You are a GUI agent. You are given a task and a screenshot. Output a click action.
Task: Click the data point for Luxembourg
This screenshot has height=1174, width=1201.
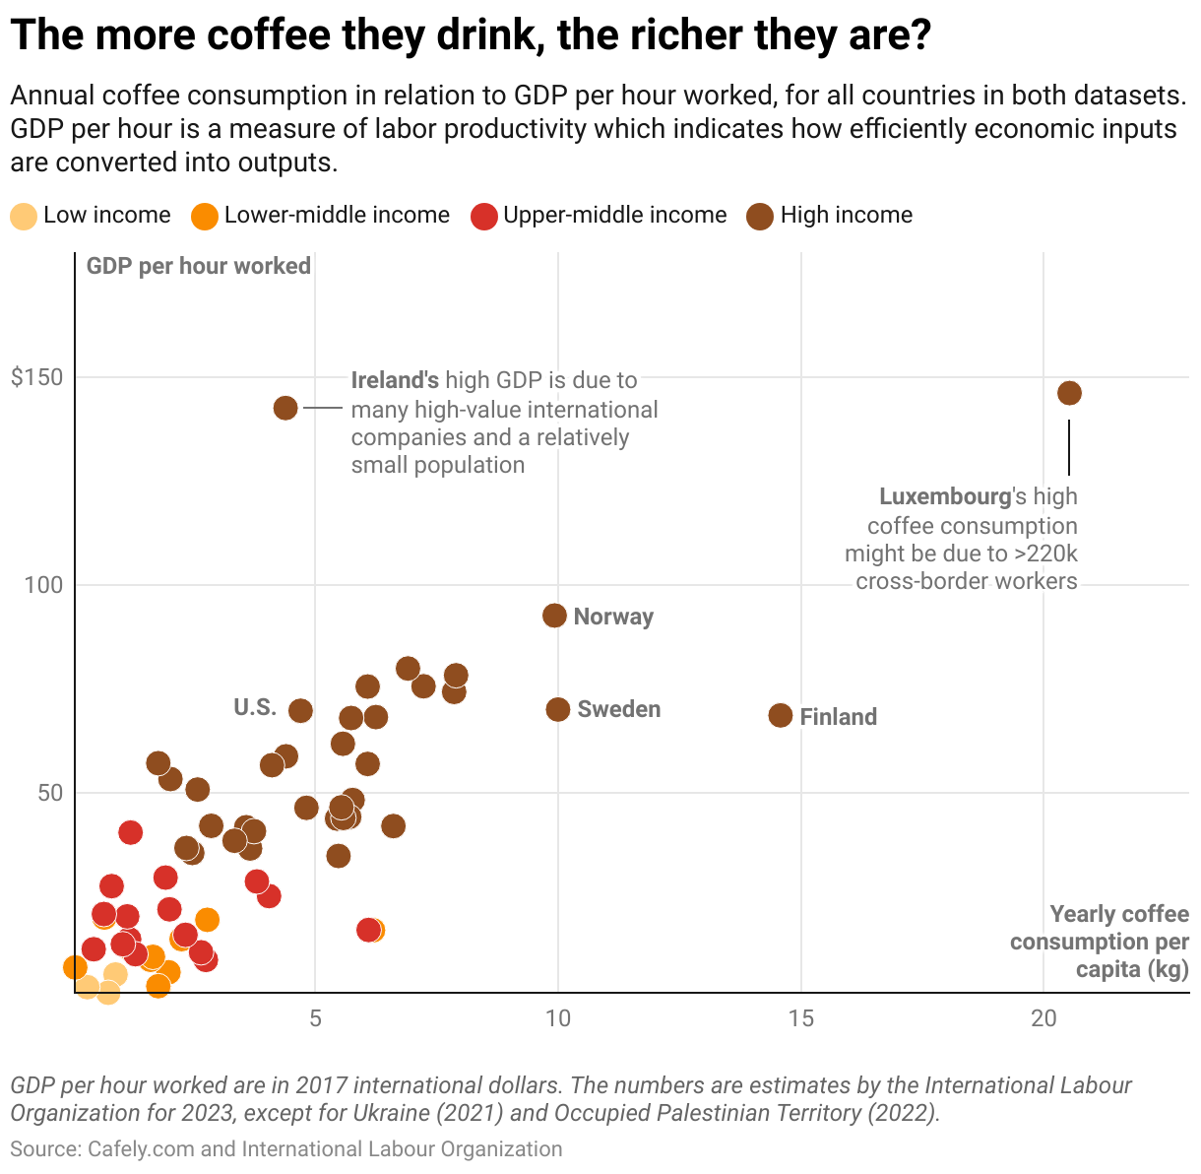point(1069,393)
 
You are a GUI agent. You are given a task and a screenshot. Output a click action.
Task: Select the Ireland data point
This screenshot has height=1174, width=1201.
point(285,408)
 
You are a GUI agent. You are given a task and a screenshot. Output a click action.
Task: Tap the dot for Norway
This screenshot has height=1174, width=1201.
point(554,616)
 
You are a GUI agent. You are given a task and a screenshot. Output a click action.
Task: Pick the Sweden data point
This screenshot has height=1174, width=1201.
point(558,709)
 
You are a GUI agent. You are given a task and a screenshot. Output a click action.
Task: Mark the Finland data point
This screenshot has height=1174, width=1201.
point(780,716)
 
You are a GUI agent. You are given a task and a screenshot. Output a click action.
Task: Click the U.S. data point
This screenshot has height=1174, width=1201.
point(300,710)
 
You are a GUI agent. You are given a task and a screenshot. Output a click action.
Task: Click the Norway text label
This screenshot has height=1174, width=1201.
point(613,617)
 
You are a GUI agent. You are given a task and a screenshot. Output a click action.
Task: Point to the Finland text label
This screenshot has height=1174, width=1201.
point(838,717)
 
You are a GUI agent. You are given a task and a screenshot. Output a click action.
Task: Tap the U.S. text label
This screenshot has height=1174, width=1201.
point(255,707)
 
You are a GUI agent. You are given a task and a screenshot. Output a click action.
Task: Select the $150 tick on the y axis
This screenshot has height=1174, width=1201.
point(36,378)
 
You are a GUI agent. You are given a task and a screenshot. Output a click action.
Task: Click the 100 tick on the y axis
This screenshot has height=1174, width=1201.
point(42,585)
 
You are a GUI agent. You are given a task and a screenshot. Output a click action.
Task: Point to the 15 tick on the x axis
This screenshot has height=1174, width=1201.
point(801,1018)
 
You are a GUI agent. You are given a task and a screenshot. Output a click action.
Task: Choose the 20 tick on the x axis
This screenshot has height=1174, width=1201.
point(1043,1018)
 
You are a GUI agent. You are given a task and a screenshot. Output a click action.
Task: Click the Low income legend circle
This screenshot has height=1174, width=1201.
point(24,217)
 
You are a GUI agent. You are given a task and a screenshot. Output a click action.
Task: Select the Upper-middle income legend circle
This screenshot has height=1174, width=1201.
point(483,217)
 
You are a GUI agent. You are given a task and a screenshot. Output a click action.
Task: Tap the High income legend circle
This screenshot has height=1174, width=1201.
point(760,217)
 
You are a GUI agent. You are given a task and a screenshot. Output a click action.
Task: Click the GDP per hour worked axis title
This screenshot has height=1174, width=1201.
point(199,266)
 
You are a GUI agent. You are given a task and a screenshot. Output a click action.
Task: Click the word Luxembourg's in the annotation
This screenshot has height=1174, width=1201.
point(945,497)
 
